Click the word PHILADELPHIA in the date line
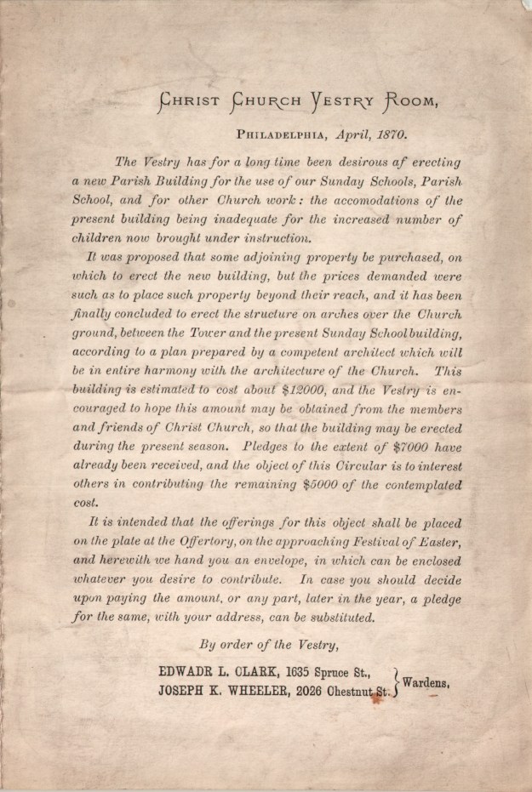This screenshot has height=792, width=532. pyautogui.click(x=287, y=134)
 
